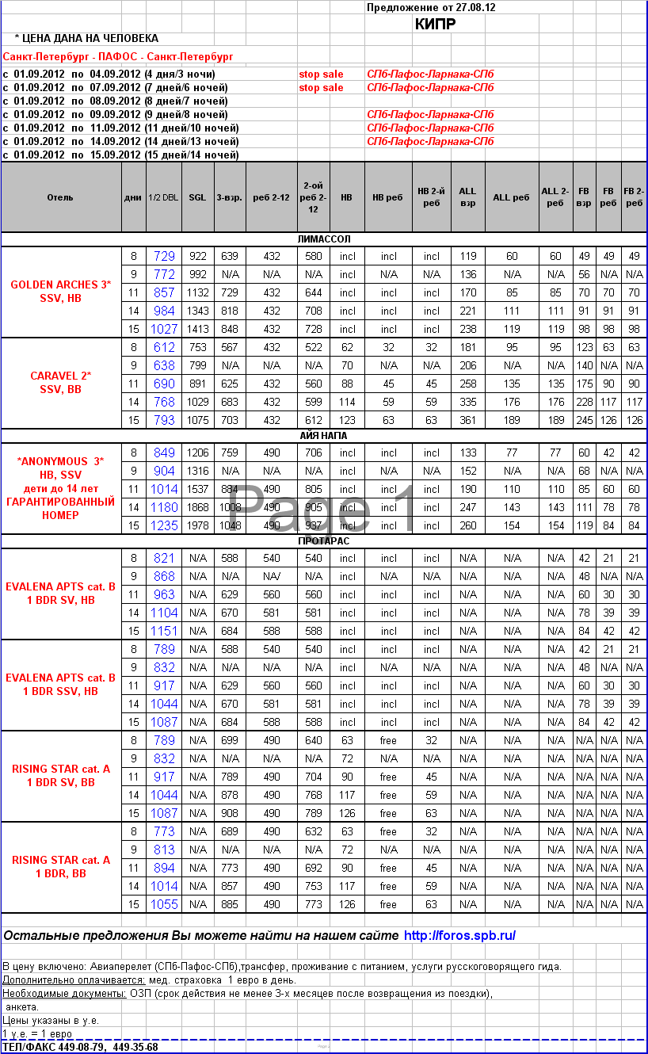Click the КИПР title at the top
tap(435, 24)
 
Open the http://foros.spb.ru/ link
tap(459, 935)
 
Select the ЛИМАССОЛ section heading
tap(323, 239)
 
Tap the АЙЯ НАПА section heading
tap(323, 435)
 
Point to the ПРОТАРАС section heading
tap(323, 540)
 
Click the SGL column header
tap(197, 197)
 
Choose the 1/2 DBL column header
tap(163, 197)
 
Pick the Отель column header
tap(60, 197)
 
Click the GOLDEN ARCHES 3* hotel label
tap(60, 285)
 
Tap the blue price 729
tap(164, 256)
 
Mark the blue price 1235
tap(164, 525)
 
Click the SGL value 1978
tap(197, 525)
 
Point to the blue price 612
tap(164, 347)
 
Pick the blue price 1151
tap(164, 631)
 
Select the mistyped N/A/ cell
tap(272, 577)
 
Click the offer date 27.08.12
tap(474, 7)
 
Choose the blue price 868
tap(164, 576)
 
